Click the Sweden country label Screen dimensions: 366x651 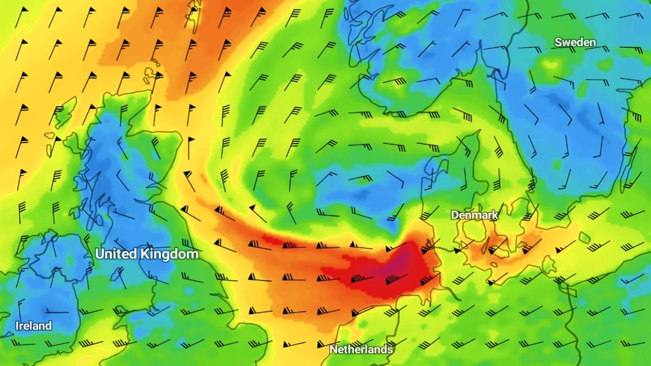coord(575,42)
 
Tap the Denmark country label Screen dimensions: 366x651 coord(475,215)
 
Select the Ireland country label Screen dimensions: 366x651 coord(34,326)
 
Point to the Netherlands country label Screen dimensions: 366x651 coord(361,350)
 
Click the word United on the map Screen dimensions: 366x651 coord(116,254)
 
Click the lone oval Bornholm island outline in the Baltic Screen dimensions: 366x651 coord(584,237)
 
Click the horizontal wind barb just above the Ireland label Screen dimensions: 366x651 coord(57,312)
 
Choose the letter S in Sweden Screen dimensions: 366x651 coord(558,42)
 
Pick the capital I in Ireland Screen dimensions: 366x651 coord(17,326)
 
